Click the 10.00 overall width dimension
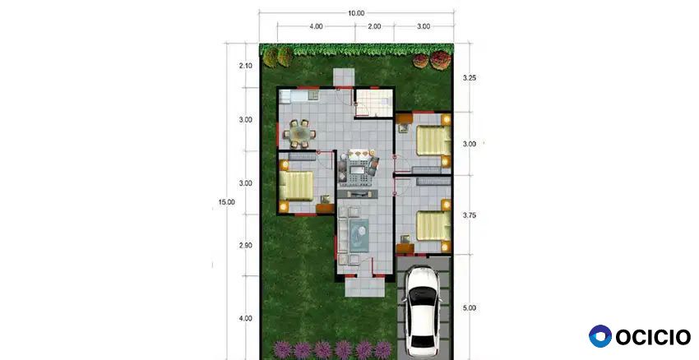tap(356, 13)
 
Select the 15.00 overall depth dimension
tap(226, 202)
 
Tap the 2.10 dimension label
tap(246, 66)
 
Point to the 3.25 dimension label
tap(470, 78)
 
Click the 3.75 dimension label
tap(470, 215)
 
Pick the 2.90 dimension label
tap(246, 246)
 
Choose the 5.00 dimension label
tap(470, 308)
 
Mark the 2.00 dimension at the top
tap(374, 27)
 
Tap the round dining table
tap(299, 133)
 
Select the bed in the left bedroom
tap(296, 186)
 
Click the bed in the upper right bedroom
tap(433, 141)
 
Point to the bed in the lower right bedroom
tap(433, 226)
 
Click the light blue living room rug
tap(359, 235)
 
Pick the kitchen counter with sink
tap(299, 95)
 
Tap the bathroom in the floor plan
tap(374, 103)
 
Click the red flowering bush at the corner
tap(440, 60)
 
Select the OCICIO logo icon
tap(600, 336)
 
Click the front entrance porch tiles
tap(365, 287)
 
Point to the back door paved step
tap(344, 77)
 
